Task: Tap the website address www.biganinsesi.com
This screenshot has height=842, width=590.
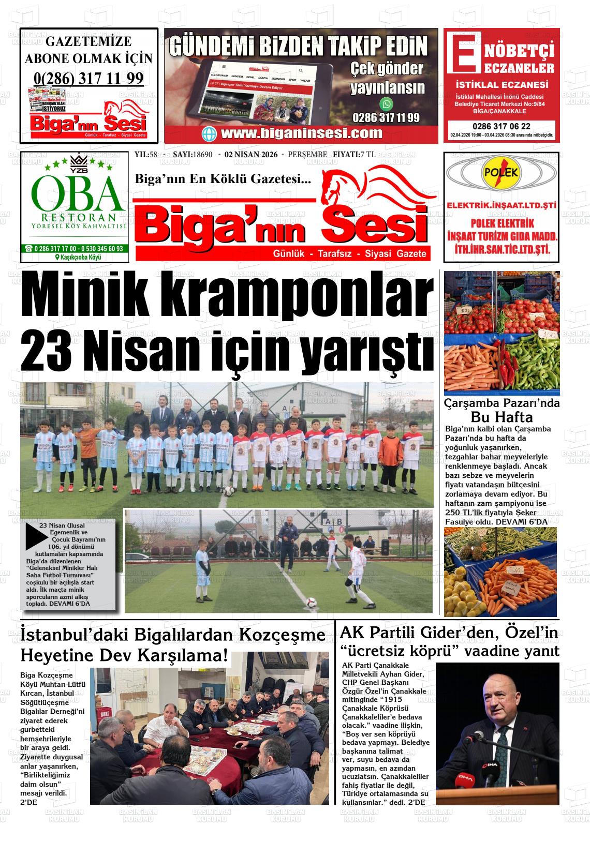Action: [x=301, y=133]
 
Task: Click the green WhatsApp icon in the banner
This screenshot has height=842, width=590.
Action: [x=386, y=104]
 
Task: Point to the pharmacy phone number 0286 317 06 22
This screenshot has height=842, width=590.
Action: [x=501, y=126]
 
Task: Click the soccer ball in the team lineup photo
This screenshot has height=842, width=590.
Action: [x=226, y=492]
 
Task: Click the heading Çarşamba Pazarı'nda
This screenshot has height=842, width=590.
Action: [x=502, y=403]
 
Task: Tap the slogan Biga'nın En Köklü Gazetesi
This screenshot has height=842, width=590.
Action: [x=223, y=179]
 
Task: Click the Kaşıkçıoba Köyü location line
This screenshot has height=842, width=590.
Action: [x=78, y=258]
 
